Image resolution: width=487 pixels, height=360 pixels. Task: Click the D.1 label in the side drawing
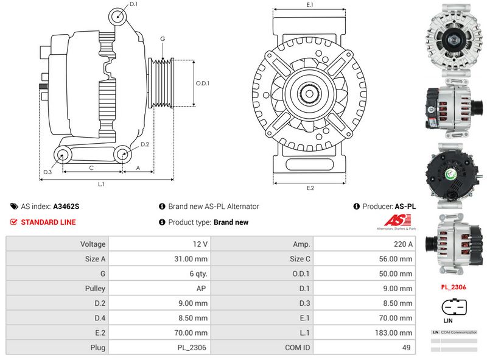coord(134,5)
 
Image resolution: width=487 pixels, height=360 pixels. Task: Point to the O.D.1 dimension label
coord(202,83)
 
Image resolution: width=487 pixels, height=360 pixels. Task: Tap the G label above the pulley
coord(163,39)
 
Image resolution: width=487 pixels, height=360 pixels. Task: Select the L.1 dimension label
coord(102,183)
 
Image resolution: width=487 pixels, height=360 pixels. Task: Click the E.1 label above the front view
coord(309,5)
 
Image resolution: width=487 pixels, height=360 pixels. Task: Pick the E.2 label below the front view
coord(309,188)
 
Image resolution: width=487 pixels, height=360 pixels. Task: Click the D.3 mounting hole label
coord(47,172)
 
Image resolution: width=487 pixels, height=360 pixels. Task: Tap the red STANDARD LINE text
coord(48,222)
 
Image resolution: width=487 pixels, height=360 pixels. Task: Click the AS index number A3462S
coord(66,206)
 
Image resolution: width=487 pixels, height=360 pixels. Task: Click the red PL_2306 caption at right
coord(453,286)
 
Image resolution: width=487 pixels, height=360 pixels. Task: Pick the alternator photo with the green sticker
coord(453,174)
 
